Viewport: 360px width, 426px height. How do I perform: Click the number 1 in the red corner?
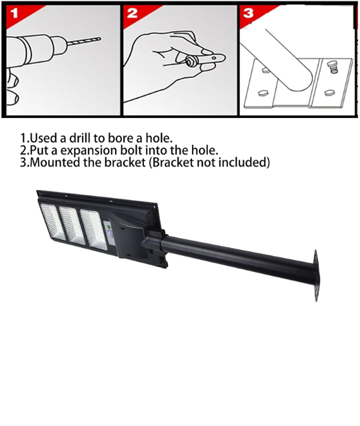tap(14, 13)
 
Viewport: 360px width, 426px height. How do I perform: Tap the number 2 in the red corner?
tap(133, 13)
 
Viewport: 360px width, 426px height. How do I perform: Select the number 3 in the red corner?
tap(248, 13)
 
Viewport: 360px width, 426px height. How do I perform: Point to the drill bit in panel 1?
tap(84, 41)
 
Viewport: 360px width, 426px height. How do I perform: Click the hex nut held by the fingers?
tap(189, 61)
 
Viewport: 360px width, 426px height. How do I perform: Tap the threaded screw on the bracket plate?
tap(333, 66)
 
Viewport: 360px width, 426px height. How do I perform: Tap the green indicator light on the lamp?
tap(109, 227)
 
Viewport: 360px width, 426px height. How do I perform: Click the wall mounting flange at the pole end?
tap(316, 276)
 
